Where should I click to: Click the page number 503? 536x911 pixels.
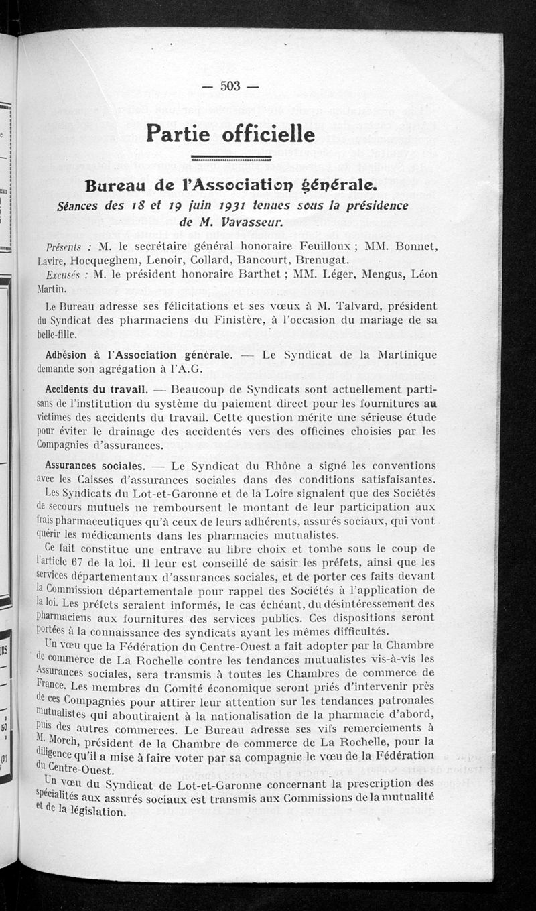[x=230, y=86]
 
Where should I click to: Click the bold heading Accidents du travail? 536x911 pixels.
[x=96, y=388]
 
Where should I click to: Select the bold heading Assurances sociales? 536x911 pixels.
[x=94, y=465]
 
